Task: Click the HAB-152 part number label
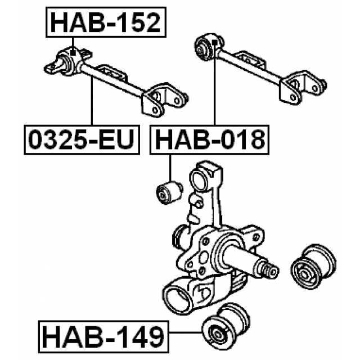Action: pyautogui.click(x=106, y=22)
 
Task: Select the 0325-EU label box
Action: pyautogui.click(x=82, y=140)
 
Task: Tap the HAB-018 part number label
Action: pyautogui.click(x=209, y=140)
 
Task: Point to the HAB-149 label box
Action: pyautogui.click(x=103, y=336)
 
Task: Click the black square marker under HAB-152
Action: pyautogui.click(x=73, y=52)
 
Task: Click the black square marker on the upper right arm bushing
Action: pyautogui.click(x=214, y=43)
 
